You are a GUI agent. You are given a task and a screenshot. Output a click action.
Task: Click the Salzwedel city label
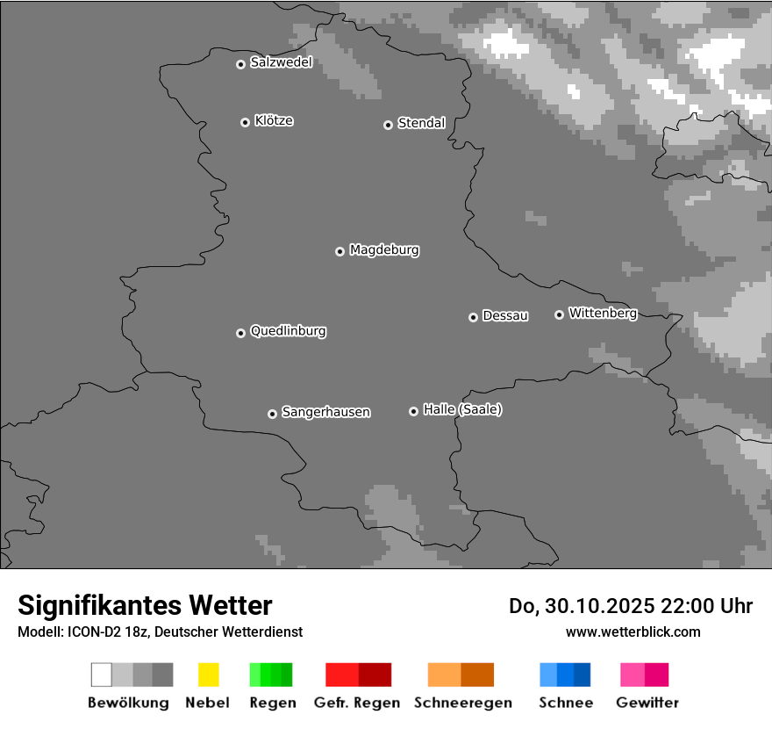click(x=281, y=62)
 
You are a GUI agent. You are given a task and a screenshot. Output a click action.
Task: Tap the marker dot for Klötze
click(x=245, y=122)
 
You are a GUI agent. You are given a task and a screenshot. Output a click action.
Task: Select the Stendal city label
click(x=421, y=123)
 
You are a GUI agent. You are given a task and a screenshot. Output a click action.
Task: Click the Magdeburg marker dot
click(x=340, y=251)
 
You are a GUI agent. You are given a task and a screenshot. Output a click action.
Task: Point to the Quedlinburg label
click(x=288, y=331)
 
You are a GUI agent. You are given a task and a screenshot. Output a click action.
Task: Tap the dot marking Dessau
click(x=473, y=317)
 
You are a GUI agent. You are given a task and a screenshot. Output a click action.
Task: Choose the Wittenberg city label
click(x=603, y=313)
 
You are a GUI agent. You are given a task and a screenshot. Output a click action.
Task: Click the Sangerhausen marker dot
click(x=272, y=414)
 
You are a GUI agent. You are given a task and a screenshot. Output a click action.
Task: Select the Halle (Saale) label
click(x=462, y=409)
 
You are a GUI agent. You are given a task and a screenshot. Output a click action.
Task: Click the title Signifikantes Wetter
click(x=145, y=605)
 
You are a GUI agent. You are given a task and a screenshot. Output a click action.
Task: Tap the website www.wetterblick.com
click(x=633, y=632)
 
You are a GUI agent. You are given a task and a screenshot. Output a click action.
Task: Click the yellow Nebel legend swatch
click(x=208, y=675)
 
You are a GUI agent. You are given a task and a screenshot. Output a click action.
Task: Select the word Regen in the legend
click(x=272, y=703)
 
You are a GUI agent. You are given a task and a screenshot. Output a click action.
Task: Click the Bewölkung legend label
click(x=128, y=703)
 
